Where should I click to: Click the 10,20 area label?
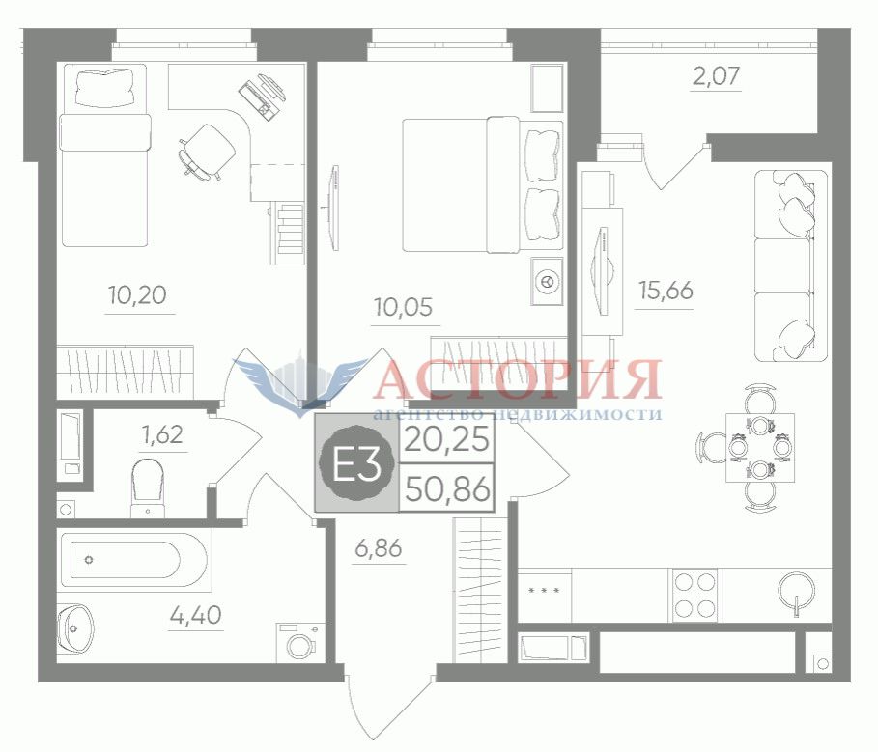pyautogui.click(x=138, y=294)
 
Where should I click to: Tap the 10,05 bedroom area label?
pyautogui.click(x=403, y=307)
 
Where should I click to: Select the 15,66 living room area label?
pyautogui.click(x=666, y=291)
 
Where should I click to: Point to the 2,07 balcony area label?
pyautogui.click(x=716, y=75)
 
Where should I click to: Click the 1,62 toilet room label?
pyautogui.click(x=163, y=434)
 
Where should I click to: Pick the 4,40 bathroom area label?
pyautogui.click(x=195, y=616)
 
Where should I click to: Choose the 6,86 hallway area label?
pyautogui.click(x=379, y=547)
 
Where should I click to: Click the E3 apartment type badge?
pyautogui.click(x=356, y=463)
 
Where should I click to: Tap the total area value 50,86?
pyautogui.click(x=447, y=489)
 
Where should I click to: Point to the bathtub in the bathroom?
pyautogui.click(x=134, y=560)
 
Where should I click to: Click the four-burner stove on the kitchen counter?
pyautogui.click(x=694, y=595)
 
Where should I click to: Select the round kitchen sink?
pyautogui.click(x=796, y=590)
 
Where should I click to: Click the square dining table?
pyautogui.click(x=760, y=448)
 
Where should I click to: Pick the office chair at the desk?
pyautogui.click(x=206, y=151)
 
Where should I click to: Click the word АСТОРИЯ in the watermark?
pyautogui.click(x=518, y=379)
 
